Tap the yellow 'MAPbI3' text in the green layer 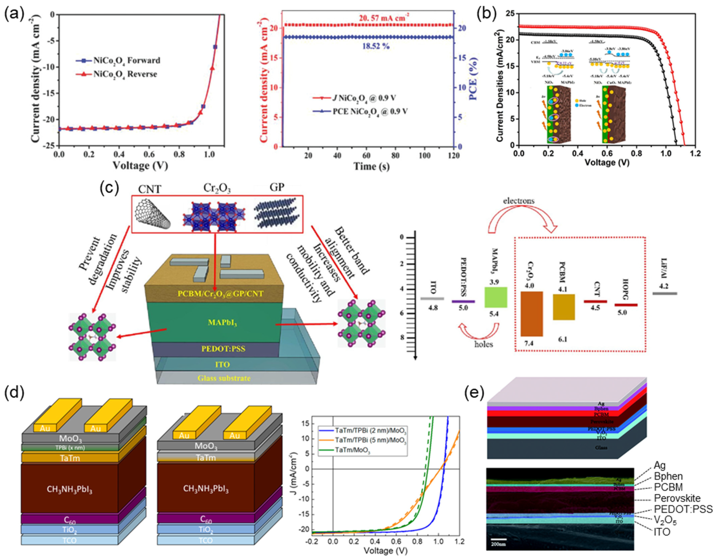click(x=222, y=323)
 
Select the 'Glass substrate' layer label click(x=224, y=378)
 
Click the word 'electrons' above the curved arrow click(x=519, y=201)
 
